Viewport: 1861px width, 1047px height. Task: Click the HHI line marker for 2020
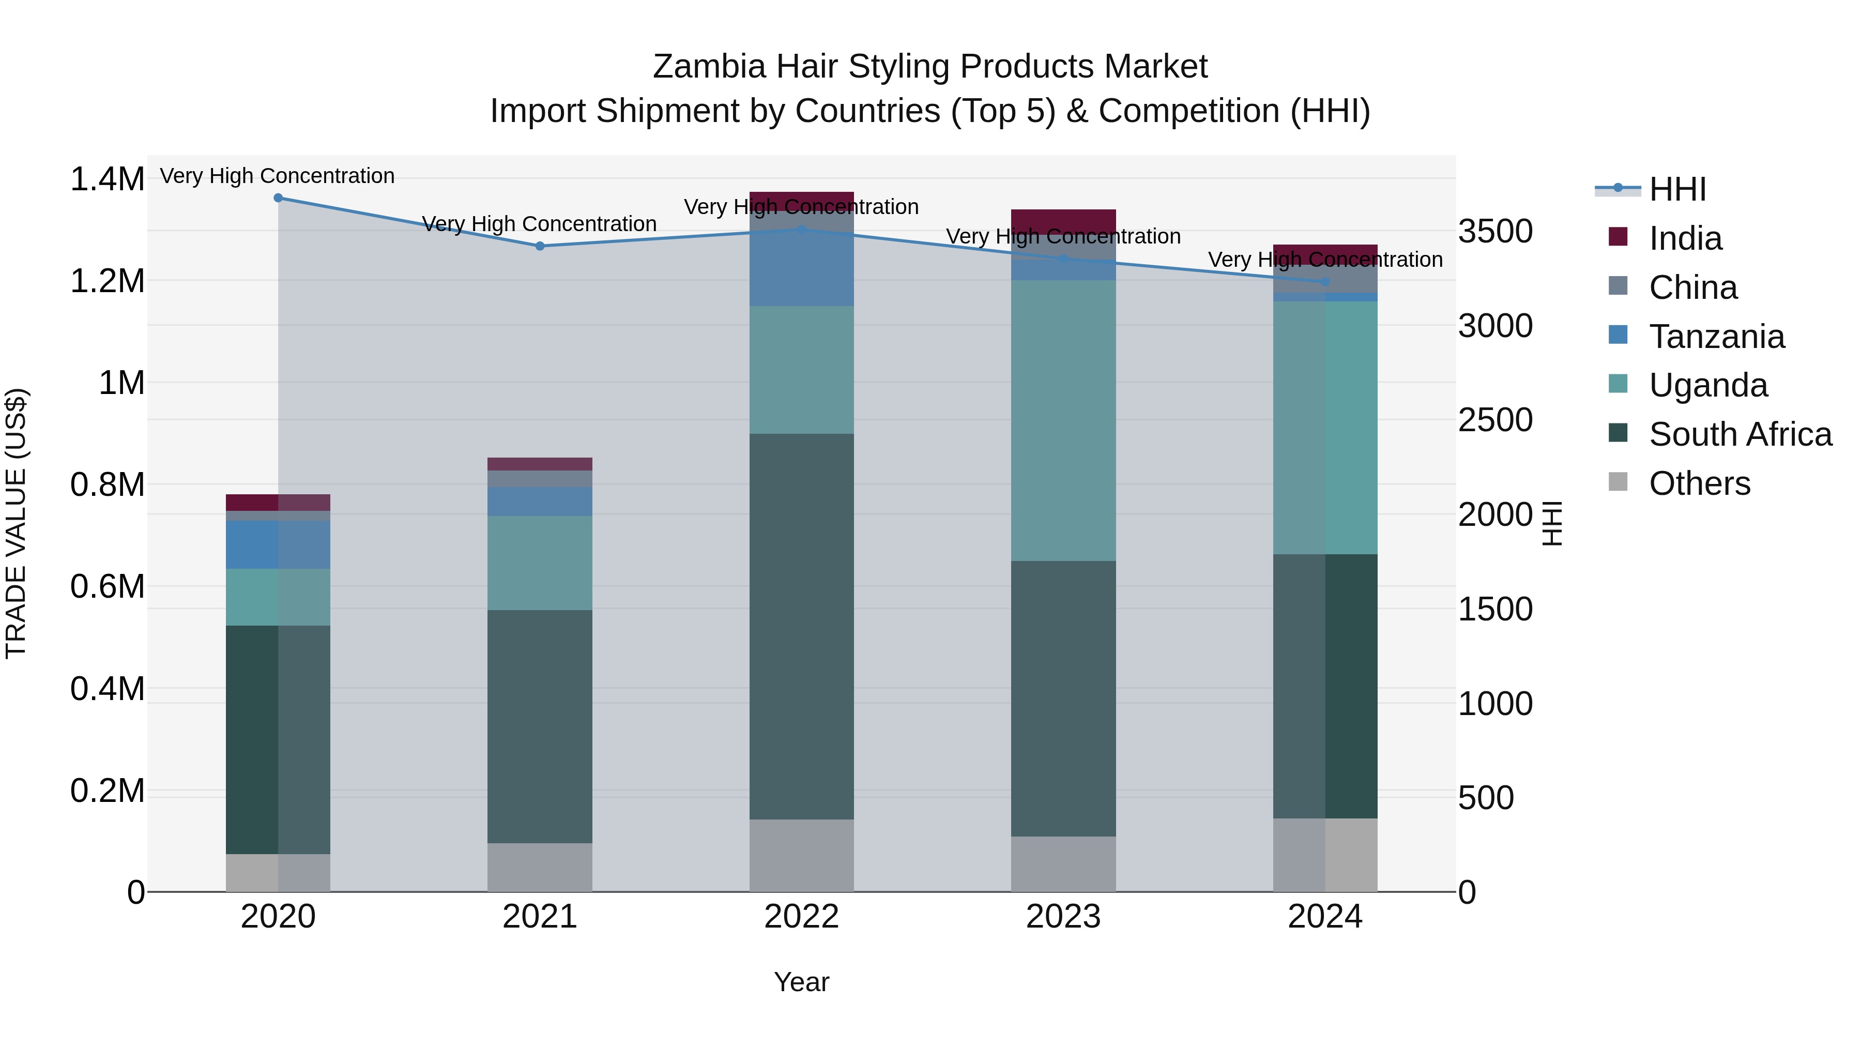278,198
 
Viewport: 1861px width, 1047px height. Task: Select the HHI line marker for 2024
1325,282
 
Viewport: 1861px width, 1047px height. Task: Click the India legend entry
1685,238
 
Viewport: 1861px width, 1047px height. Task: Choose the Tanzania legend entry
1716,337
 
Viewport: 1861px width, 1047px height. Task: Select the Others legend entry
1699,483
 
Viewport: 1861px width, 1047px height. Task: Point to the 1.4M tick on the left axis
107,179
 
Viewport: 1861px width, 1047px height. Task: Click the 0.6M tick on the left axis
107,587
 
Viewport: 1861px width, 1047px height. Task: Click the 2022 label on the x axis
801,917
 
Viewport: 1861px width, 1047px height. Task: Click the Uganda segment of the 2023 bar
1063,420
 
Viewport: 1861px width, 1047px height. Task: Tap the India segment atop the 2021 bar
540,464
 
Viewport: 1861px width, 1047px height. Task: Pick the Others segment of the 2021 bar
540,867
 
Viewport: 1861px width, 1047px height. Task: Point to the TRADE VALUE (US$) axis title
16,523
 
